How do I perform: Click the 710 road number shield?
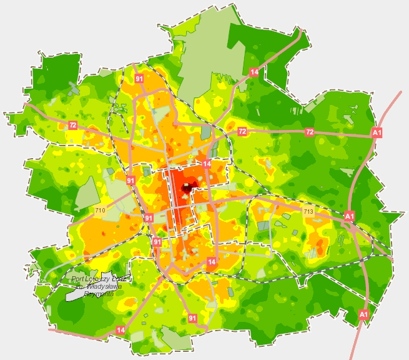[x=100, y=211]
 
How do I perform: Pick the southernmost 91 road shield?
[x=192, y=319]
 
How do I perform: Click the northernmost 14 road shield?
[x=254, y=72]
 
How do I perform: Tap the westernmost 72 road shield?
[x=73, y=126]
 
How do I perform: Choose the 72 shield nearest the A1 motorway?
[x=309, y=132]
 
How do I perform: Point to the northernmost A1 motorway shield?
[x=377, y=132]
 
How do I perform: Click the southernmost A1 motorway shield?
[x=365, y=314]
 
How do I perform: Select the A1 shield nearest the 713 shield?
[x=349, y=216]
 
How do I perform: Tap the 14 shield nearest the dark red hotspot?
[x=207, y=164]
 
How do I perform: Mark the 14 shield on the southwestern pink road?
[x=121, y=329]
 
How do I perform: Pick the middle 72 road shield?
[x=242, y=131]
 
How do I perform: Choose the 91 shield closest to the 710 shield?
[x=131, y=181]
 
